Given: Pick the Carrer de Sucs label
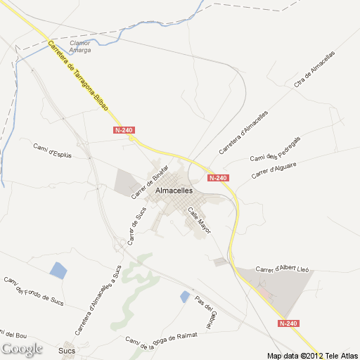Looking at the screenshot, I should (x=134, y=231).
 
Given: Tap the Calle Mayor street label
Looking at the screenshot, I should (x=199, y=220).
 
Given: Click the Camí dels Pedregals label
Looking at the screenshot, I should (x=275, y=148).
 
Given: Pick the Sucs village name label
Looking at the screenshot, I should (x=67, y=349).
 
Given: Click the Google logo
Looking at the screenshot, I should (x=22, y=349).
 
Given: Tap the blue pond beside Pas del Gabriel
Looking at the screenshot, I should (x=185, y=297).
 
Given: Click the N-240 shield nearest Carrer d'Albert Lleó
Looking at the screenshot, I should (x=288, y=323).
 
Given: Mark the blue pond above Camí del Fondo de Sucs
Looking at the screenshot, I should (x=58, y=269).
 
